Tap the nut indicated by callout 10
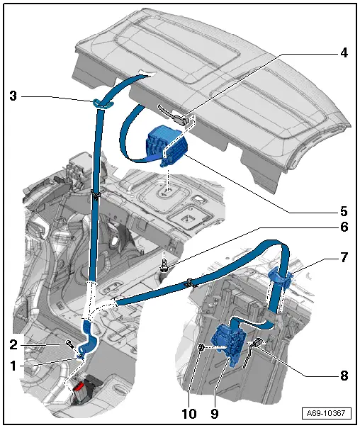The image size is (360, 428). click(x=202, y=348)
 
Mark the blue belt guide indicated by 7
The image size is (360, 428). click(x=282, y=278)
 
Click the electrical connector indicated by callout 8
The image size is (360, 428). click(x=257, y=345)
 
